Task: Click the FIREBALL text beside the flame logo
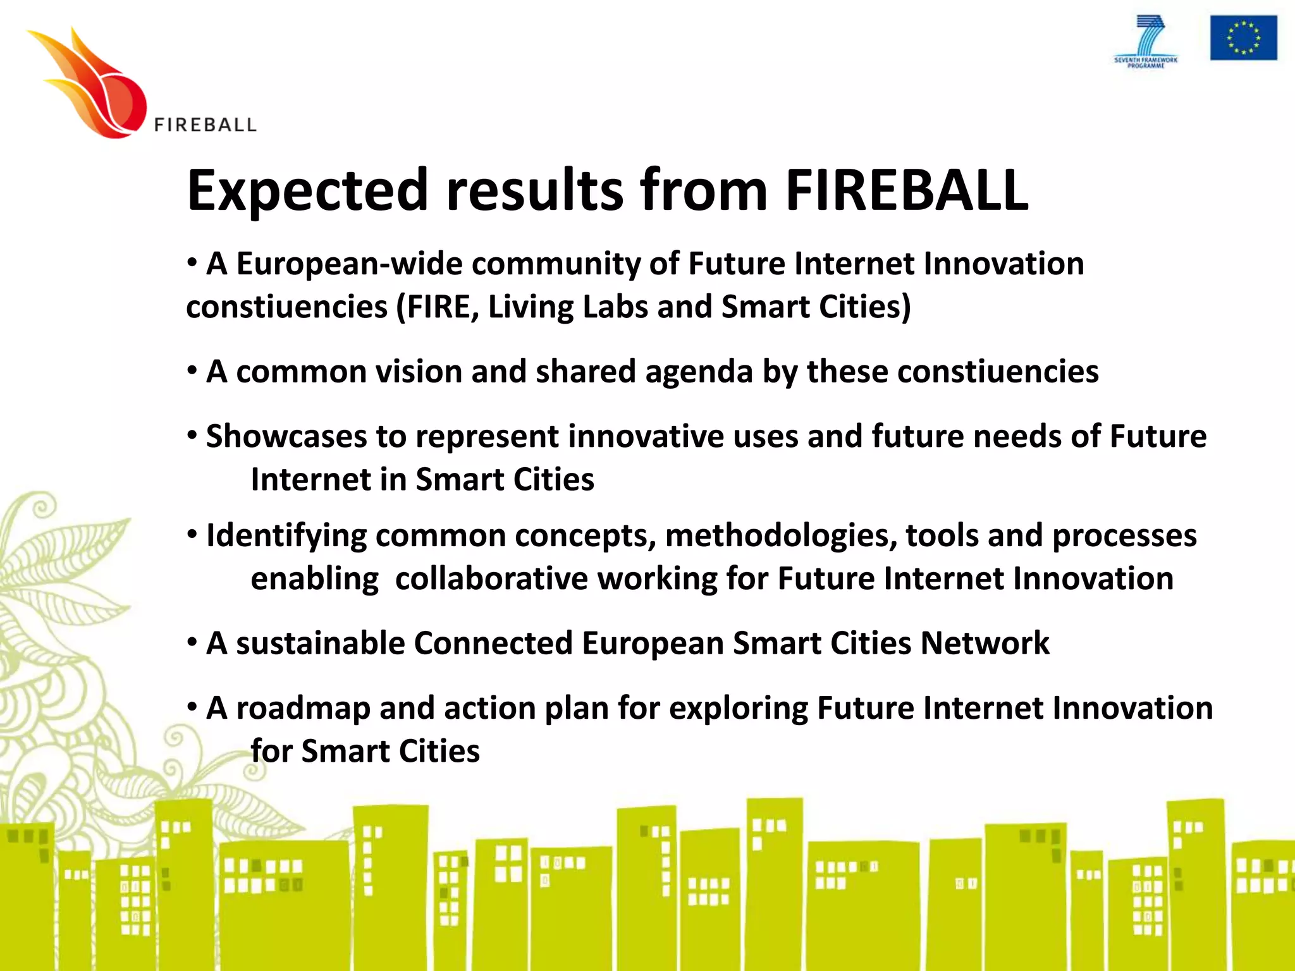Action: point(206,125)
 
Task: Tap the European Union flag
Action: point(1243,39)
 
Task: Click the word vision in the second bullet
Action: point(419,372)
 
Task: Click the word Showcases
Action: point(286,436)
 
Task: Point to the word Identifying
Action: point(286,537)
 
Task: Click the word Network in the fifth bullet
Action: point(985,644)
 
